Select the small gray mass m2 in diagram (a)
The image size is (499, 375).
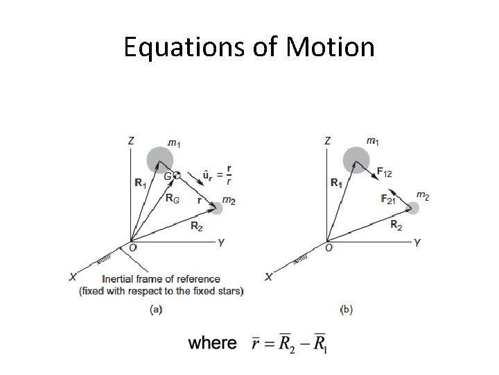coord(218,207)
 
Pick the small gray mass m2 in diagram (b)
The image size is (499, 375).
coord(414,207)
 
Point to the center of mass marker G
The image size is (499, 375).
coord(177,176)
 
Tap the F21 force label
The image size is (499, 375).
coord(389,199)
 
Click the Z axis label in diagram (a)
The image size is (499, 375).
coord(132,141)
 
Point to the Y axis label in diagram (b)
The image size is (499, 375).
coord(417,242)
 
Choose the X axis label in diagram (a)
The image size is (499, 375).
coord(73,277)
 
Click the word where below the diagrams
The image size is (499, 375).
coord(213,343)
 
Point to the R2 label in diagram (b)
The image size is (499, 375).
coord(396,225)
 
